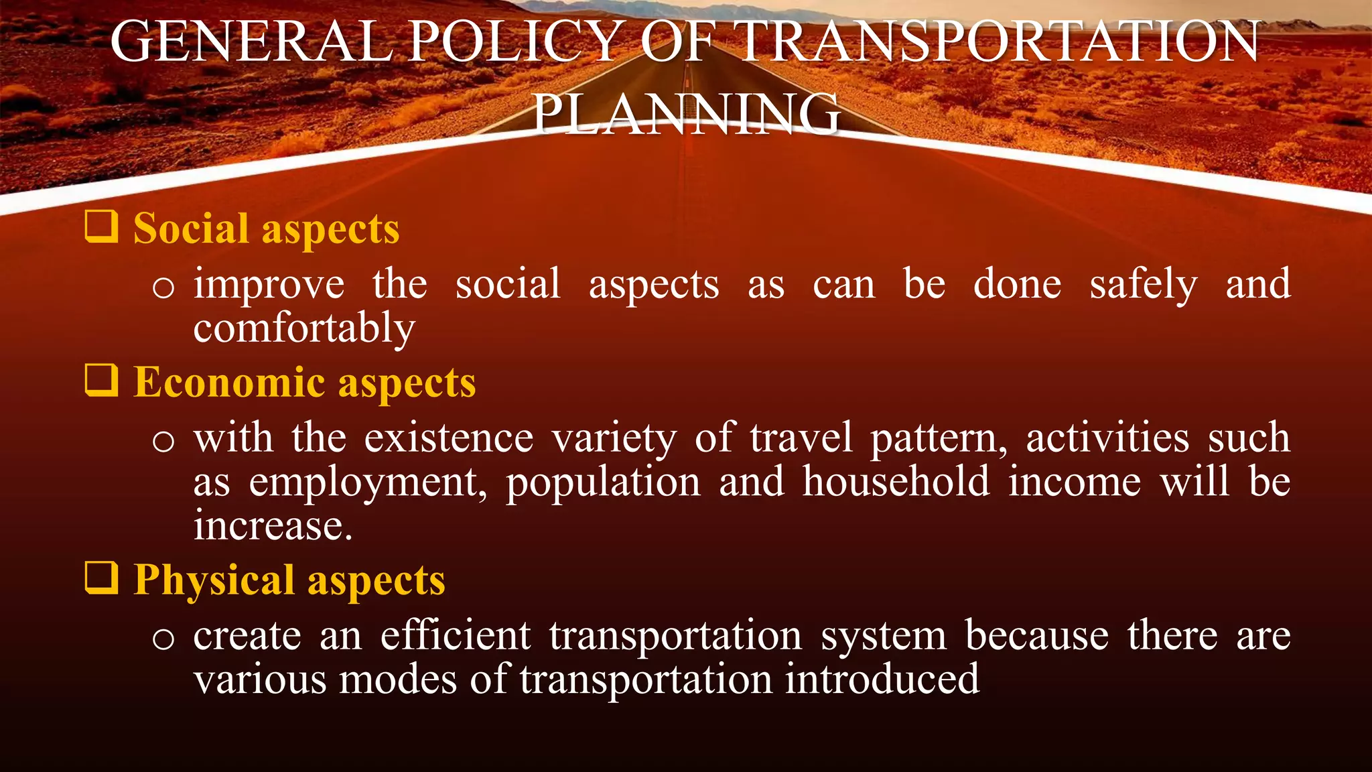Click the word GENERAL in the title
(x=251, y=42)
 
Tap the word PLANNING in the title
(x=686, y=114)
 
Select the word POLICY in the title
(x=514, y=42)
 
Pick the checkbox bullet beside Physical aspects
(x=102, y=578)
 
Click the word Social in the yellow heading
(x=191, y=229)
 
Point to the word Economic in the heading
(x=229, y=383)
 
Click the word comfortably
(x=304, y=328)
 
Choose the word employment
(x=367, y=482)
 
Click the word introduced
(x=882, y=679)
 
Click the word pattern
(x=937, y=439)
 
